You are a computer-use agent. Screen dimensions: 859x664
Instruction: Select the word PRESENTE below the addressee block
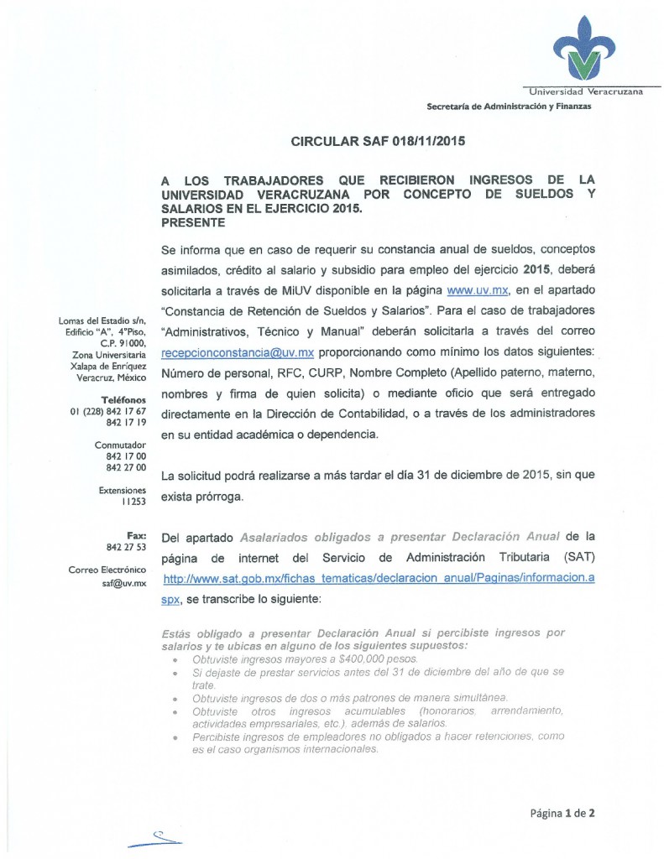pos(192,222)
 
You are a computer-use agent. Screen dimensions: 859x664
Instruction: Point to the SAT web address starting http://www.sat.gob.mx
pos(379,580)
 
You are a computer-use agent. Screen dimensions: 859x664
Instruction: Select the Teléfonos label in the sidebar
pos(124,399)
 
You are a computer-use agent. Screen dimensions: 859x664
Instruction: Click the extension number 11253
pos(133,501)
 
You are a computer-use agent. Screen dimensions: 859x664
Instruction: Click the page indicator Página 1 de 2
pos(562,813)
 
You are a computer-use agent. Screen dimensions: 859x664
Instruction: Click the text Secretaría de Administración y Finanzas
pos(509,107)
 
